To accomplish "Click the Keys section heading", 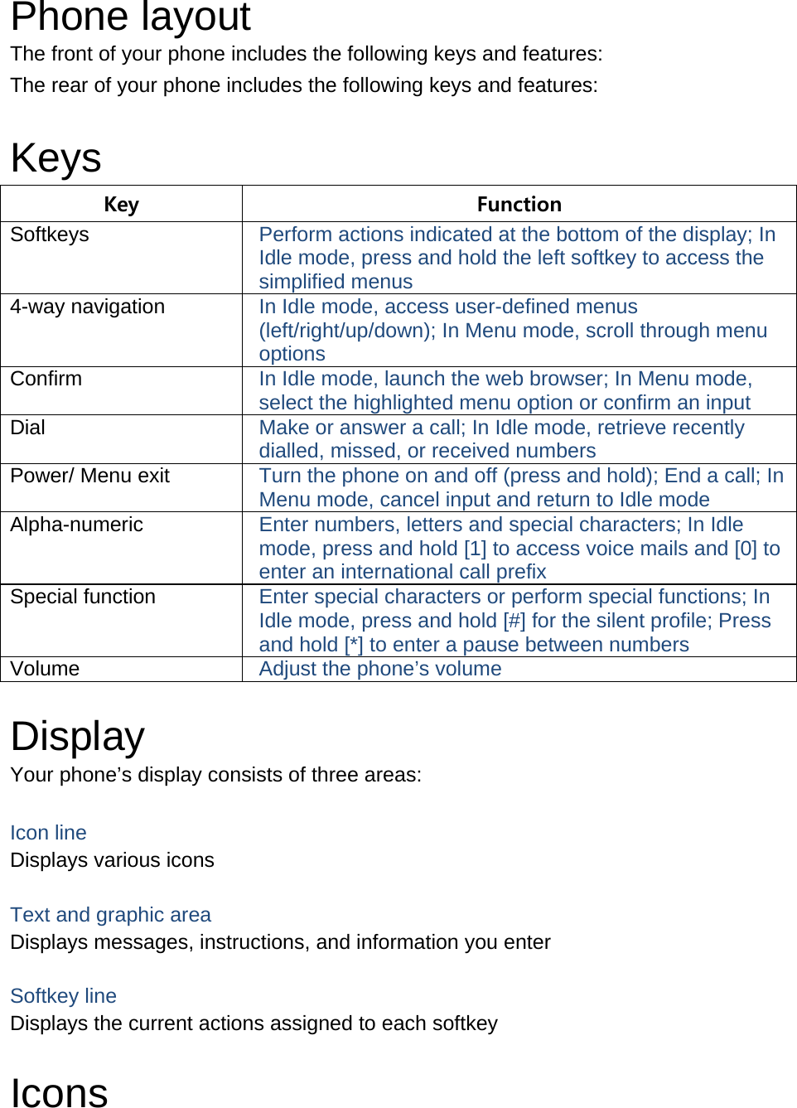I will [x=56, y=157].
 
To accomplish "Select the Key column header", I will [x=121, y=204].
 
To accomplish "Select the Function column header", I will [x=519, y=204].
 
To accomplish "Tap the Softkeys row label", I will [x=50, y=235].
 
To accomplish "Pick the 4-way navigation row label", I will [x=88, y=307].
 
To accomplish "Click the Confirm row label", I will [x=46, y=379].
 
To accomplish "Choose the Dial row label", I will [x=28, y=428].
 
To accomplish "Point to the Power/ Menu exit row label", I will [x=89, y=476].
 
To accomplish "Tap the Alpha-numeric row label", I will [x=76, y=525].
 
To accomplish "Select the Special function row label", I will [x=83, y=597].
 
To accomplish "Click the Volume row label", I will [x=45, y=669].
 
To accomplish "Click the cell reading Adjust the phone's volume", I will [x=380, y=669].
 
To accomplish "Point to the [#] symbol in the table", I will [x=514, y=621].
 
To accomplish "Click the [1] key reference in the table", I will [x=475, y=549].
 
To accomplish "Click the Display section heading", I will [x=78, y=736].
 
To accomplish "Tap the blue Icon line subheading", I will [x=48, y=833].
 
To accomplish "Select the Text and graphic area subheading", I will [x=110, y=915].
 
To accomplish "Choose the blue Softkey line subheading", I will [x=63, y=996].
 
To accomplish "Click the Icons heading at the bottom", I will [x=59, y=1092].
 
